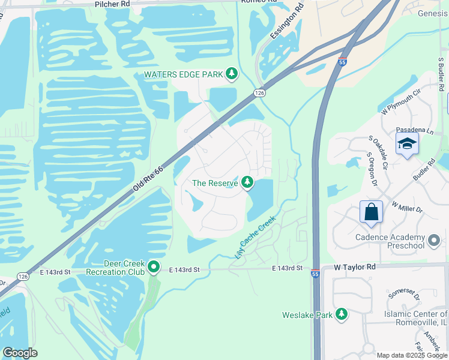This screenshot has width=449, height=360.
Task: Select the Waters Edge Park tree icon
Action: click(232, 74)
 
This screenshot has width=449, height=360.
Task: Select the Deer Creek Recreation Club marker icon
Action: click(154, 267)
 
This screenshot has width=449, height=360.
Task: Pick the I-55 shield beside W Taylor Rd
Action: click(315, 274)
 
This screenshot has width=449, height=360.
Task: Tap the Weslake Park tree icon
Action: click(341, 314)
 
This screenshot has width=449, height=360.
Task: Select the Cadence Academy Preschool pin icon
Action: click(434, 242)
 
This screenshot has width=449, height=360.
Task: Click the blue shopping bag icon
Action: click(371, 212)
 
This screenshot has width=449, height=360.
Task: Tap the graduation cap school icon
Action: click(406, 145)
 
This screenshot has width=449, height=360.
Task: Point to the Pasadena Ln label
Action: click(410, 130)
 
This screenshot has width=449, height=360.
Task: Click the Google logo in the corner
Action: click(20, 353)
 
